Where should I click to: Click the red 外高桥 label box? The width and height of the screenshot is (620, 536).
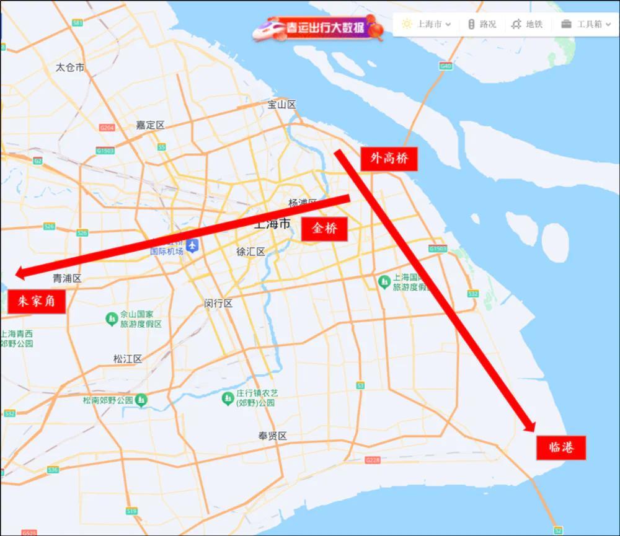pos(389,159)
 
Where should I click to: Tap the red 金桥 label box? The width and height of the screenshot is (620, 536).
pos(324,229)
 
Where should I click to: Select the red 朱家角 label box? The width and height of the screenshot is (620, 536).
pos(37,302)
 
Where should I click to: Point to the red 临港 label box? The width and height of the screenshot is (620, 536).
pos(560,447)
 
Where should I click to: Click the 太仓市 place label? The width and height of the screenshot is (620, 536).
pos(69,67)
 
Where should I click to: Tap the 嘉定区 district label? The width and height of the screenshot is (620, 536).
pos(150,125)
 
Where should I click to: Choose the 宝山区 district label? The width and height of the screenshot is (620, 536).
pos(281,105)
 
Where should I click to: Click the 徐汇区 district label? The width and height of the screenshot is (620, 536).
pos(250,252)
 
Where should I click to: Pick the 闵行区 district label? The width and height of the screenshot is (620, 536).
pos(218,303)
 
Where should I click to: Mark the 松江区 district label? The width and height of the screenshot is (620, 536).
pos(128,359)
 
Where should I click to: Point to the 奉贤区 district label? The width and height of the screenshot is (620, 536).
pos(273,436)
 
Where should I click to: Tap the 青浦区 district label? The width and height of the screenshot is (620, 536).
pos(67,278)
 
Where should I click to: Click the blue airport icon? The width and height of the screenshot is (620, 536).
pos(193,246)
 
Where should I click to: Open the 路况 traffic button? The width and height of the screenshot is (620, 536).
pos(482,24)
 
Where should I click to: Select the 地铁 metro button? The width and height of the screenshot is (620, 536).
pos(527,24)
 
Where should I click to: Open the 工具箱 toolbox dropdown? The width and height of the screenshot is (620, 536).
pos(586,24)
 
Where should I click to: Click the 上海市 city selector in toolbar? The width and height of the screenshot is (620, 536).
pos(427,24)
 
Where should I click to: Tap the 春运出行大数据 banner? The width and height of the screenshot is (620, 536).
pos(318,28)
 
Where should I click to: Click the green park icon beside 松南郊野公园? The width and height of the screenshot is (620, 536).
pos(142,400)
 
